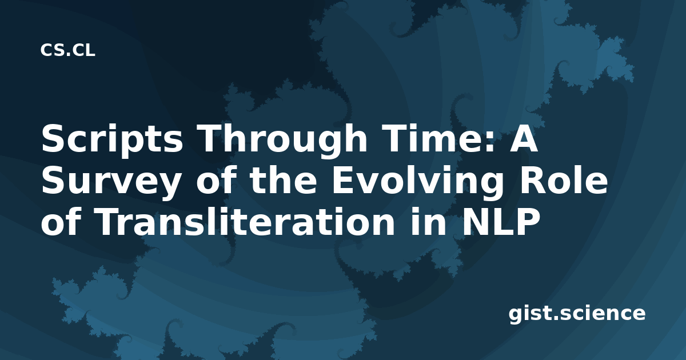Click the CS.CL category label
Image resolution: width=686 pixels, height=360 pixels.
(x=67, y=50)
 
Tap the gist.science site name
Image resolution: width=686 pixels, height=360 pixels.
(x=577, y=314)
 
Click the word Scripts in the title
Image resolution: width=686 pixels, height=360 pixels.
(x=112, y=140)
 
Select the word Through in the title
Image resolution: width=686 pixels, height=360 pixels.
(x=282, y=140)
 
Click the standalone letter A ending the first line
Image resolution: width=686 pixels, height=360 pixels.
(x=524, y=139)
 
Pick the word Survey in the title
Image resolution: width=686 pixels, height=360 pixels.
(x=111, y=182)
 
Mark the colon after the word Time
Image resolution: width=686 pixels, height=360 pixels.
(x=490, y=142)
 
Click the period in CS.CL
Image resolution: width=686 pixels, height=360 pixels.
(x=68, y=54)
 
